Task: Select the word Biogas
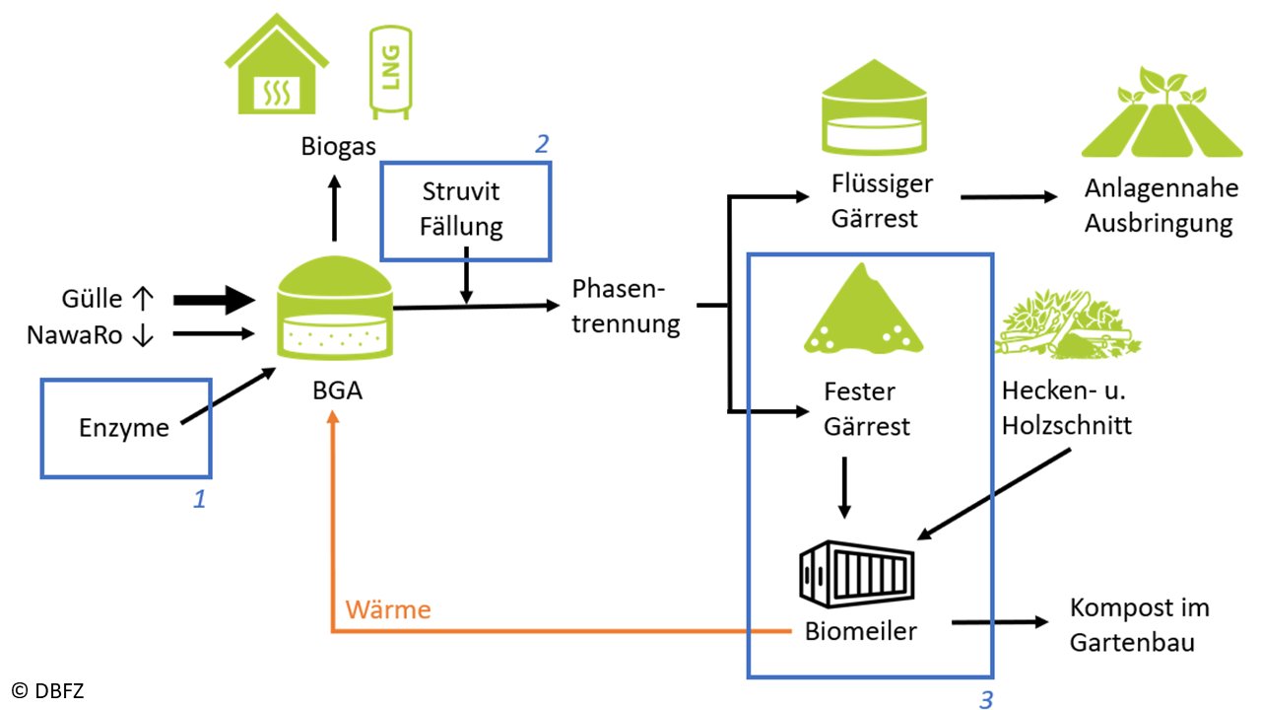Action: (x=338, y=148)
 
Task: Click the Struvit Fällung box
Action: (x=465, y=210)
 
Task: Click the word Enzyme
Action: (x=124, y=428)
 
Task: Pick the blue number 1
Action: (x=199, y=500)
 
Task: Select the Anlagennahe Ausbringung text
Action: (x=1159, y=206)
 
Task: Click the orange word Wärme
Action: (x=388, y=609)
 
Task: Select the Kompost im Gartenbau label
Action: (x=1139, y=624)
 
